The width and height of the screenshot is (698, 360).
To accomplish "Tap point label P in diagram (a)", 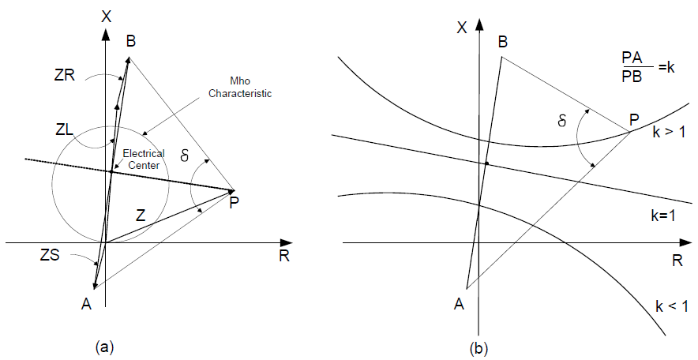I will pyautogui.click(x=234, y=203).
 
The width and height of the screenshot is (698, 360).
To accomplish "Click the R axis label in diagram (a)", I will pyautogui.click(x=283, y=256).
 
